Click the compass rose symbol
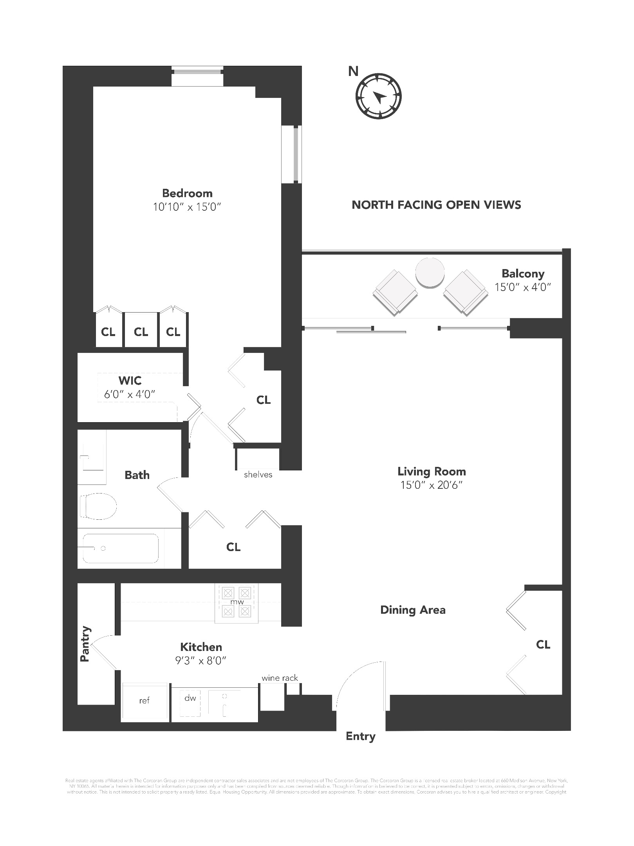pos(378,96)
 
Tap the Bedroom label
pos(187,193)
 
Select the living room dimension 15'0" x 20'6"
pos(431,485)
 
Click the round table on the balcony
pos(430,273)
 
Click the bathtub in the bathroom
pos(121,548)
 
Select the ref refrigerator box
pos(145,701)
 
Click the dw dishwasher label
pos(190,698)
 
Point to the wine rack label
pos(280,678)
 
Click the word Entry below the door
pos(360,736)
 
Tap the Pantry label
pos(85,644)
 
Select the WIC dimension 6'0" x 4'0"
pos(130,394)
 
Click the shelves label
pos(258,475)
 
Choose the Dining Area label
pos(413,610)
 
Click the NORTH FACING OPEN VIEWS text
pos(436,205)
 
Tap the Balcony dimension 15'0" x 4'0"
pos(522,287)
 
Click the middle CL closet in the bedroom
pos(141,332)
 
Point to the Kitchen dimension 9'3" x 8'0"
pos(201,661)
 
